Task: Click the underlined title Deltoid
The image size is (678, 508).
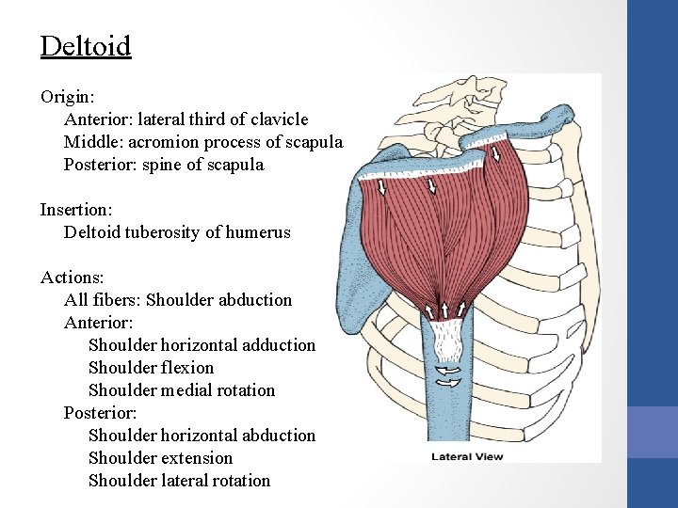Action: pos(86,46)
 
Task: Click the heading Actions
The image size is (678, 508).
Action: pos(72,278)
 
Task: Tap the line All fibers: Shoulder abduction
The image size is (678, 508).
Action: pos(178,300)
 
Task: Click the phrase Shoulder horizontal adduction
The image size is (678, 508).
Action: pos(202,345)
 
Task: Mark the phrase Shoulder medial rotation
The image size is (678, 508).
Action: pos(182,390)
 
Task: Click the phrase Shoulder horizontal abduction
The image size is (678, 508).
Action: pos(202,436)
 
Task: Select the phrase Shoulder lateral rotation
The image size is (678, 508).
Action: pos(179,481)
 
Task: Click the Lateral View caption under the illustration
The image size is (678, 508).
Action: pos(467,457)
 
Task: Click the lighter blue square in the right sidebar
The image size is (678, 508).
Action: pos(652,433)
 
